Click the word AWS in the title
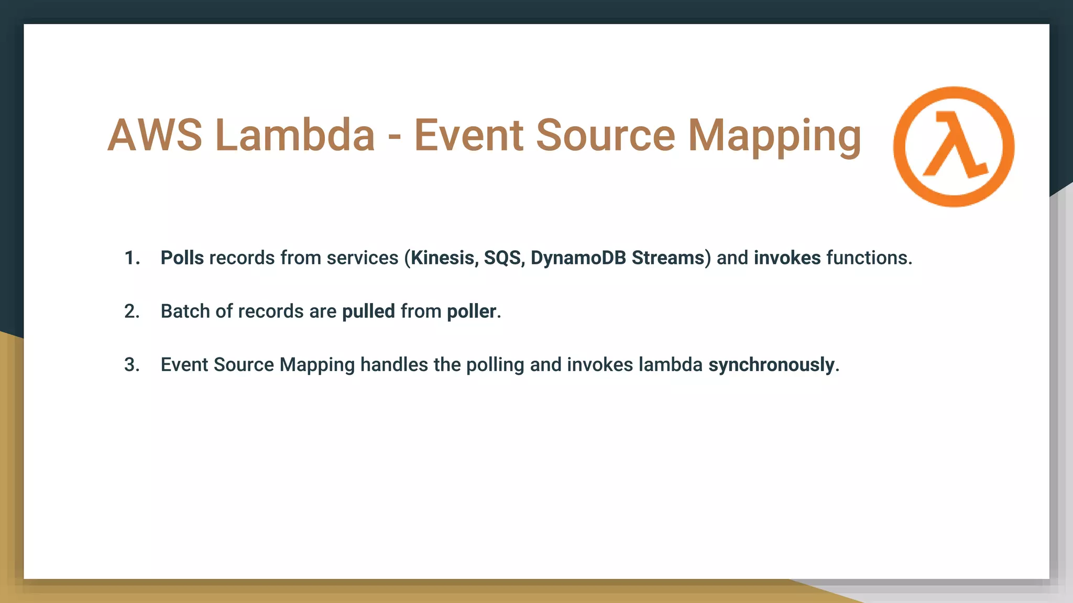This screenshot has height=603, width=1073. click(x=155, y=135)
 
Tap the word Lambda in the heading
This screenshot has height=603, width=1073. click(x=295, y=135)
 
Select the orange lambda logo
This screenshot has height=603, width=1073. click(x=954, y=147)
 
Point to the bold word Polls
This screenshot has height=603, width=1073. click(x=182, y=258)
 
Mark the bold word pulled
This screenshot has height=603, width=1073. click(x=368, y=311)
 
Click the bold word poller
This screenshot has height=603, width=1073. click(x=472, y=311)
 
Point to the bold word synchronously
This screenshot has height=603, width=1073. click(x=771, y=365)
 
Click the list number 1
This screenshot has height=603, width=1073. click(x=132, y=258)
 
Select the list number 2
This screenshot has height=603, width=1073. click(x=132, y=311)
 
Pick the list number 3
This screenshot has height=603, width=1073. click(x=132, y=365)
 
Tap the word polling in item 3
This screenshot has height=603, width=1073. click(x=495, y=365)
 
